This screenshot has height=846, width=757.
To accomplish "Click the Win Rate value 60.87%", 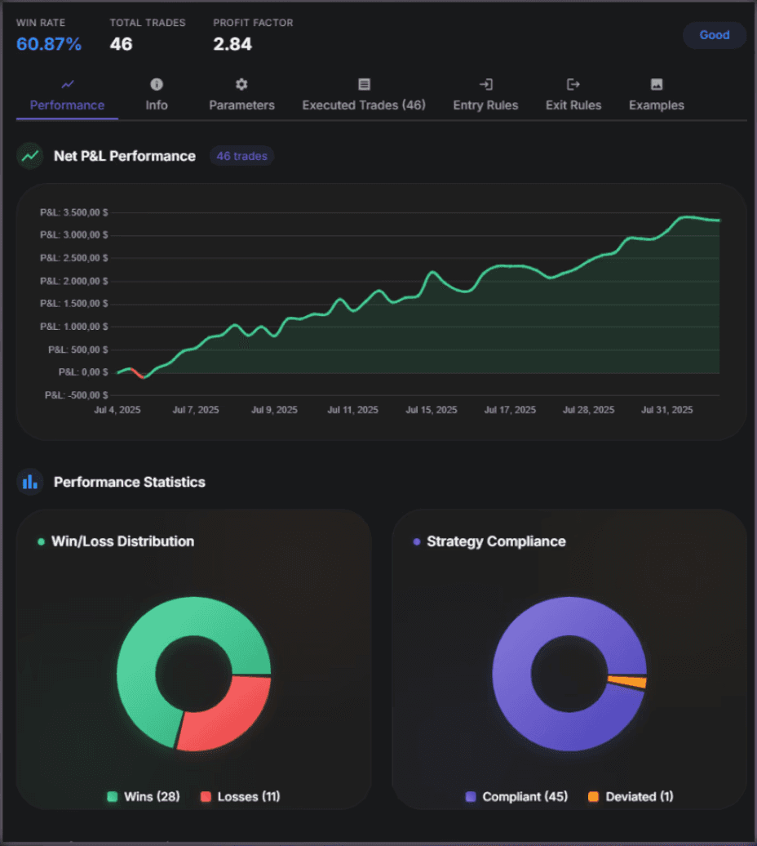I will (49, 44).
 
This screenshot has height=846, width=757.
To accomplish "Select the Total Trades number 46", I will (121, 44).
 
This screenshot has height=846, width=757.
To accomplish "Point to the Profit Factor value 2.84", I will (232, 44).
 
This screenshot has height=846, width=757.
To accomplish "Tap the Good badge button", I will (714, 35).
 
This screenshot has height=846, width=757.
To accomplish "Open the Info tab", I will (157, 96).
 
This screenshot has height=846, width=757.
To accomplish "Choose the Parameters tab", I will (241, 96).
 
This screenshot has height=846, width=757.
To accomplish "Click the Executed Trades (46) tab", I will (364, 96).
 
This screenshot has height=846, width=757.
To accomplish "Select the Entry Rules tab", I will (485, 96).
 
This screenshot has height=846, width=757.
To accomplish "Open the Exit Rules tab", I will (573, 96).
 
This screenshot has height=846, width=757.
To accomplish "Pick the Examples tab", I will (656, 96).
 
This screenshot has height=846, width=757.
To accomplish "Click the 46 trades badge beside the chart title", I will (241, 156).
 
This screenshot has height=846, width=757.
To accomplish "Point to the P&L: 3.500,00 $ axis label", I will (73, 212).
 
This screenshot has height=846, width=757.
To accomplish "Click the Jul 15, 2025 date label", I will (432, 410).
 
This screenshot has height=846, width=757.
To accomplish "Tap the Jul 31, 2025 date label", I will (666, 410).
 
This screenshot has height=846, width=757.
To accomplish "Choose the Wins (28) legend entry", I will (144, 796).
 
